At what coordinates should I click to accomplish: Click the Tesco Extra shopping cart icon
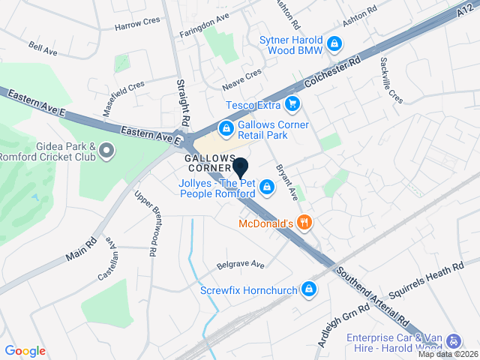coord(293,104)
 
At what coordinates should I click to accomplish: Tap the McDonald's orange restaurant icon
coord(304,222)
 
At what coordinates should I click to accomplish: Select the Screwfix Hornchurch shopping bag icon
coord(309,289)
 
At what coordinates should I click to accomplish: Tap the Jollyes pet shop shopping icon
coord(265,194)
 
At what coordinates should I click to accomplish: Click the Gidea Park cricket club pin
coord(106,151)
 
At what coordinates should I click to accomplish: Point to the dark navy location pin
coord(241,168)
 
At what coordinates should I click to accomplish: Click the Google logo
coord(25,350)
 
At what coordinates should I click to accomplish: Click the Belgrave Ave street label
coord(241,265)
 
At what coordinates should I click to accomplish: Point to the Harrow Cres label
coord(138,25)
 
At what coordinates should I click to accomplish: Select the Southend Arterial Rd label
coord(372,298)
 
